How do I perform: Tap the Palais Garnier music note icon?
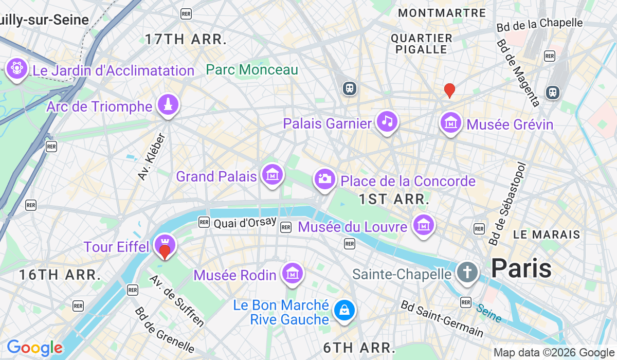(x=387, y=122)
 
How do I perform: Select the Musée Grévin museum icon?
(x=450, y=123)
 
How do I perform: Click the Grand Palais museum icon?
(x=273, y=175)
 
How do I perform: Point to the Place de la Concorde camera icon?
(x=324, y=179)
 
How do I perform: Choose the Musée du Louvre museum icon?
(x=424, y=225)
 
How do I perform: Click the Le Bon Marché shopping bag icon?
(x=342, y=311)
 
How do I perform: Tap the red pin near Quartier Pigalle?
(x=449, y=91)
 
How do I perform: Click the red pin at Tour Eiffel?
(x=165, y=252)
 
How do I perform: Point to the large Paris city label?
(x=521, y=268)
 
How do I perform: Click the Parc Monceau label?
(x=252, y=70)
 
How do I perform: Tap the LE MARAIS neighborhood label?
(x=547, y=235)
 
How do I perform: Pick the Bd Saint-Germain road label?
(x=442, y=318)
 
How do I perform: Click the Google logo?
(x=34, y=348)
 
